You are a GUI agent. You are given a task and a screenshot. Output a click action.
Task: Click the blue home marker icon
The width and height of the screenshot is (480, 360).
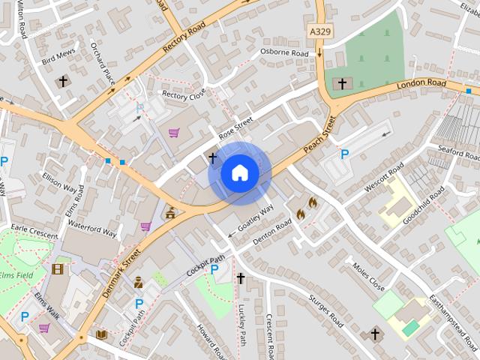(239, 172)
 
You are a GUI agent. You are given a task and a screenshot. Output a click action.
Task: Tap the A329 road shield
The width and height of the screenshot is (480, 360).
(320, 32)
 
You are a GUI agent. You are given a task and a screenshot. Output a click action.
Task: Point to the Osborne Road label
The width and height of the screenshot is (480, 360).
(284, 53)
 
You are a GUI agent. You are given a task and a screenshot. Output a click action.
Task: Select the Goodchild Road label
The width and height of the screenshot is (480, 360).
(424, 201)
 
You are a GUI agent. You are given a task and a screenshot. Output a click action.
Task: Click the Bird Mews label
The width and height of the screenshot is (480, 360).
(60, 58)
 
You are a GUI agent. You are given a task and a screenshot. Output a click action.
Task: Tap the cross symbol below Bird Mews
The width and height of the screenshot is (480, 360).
(63, 80)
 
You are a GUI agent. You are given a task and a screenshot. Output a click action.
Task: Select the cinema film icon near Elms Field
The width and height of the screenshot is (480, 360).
(58, 268)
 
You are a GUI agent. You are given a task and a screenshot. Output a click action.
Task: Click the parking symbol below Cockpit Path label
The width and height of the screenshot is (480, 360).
(215, 269)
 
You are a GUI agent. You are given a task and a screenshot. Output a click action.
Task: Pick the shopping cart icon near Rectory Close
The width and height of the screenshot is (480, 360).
(174, 133)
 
